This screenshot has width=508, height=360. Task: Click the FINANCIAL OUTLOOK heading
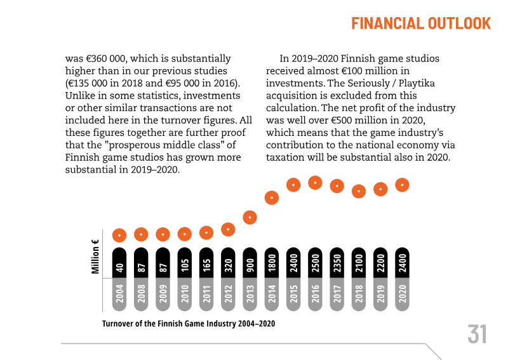pos(421,23)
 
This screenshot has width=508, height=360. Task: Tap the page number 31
pos(477,334)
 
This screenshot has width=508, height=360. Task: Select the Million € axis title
pos(96,257)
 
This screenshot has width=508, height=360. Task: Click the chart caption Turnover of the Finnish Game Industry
pos(189,323)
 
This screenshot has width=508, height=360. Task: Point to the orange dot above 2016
pos(315,183)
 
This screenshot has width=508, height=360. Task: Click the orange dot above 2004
pos(119,235)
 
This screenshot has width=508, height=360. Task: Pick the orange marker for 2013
pos(250,217)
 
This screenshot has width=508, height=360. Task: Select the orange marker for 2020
pos(402,185)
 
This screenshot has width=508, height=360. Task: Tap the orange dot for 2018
pos(359,190)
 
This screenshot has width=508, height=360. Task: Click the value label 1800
pos(272,263)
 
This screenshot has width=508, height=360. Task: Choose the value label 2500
pos(315,263)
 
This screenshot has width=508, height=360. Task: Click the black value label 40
pos(119,267)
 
